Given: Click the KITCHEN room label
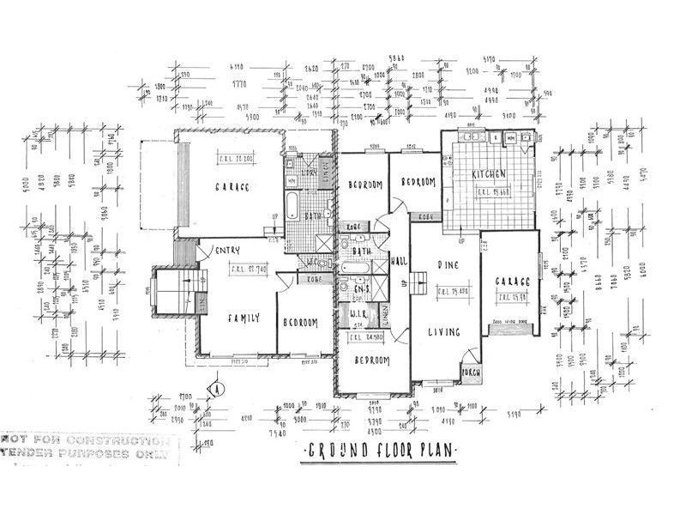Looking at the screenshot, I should (489, 175).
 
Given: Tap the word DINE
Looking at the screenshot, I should (443, 267).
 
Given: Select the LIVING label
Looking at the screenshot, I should (444, 331).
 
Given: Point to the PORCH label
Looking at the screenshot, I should (471, 373).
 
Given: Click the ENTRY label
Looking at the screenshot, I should (229, 250).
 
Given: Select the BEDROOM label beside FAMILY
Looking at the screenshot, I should (300, 323).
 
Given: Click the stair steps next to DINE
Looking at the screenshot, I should (418, 282).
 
